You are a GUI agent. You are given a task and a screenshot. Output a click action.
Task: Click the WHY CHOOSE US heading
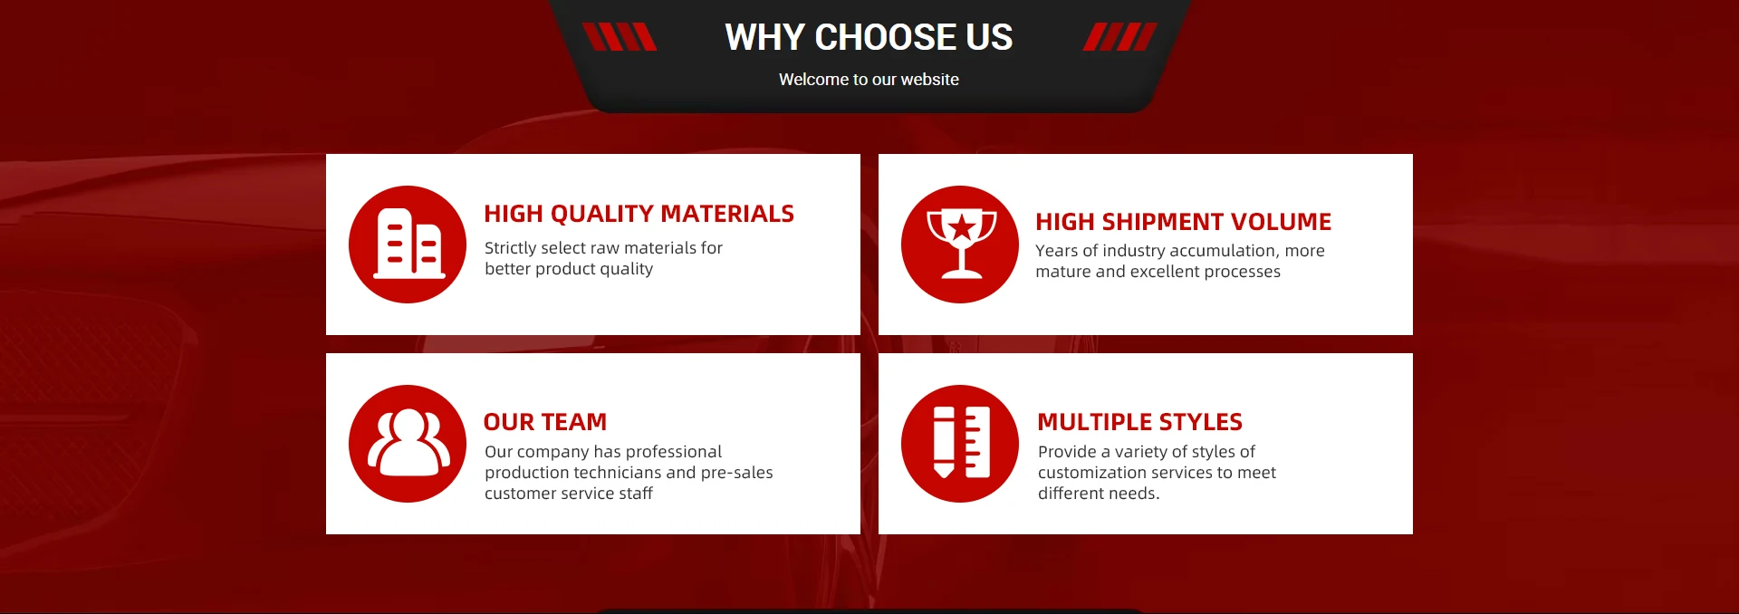click(869, 37)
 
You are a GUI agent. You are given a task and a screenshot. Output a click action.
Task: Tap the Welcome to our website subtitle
click(869, 80)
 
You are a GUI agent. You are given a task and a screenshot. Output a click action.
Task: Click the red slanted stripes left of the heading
click(620, 37)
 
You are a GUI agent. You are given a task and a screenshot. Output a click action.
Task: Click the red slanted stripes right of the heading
click(1120, 37)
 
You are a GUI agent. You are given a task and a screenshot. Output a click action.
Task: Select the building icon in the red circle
click(409, 243)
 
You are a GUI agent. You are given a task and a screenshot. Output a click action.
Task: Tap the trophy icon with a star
click(961, 243)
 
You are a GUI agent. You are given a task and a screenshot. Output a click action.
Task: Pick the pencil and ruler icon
click(961, 443)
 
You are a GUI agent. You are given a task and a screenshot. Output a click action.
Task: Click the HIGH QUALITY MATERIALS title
click(639, 214)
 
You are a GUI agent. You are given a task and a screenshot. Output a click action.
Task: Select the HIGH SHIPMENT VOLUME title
click(1183, 222)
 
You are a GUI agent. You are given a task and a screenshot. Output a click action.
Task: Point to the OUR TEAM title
click(545, 422)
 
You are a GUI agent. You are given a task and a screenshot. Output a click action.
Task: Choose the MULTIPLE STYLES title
click(1139, 422)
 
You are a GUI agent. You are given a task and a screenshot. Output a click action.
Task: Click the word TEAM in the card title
click(574, 422)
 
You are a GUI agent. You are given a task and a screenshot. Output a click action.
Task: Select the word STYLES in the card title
click(1200, 422)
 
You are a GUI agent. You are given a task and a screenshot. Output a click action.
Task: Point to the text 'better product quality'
click(569, 269)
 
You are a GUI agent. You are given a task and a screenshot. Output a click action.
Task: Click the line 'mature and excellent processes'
click(1158, 272)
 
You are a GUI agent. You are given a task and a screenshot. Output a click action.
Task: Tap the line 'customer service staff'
click(569, 494)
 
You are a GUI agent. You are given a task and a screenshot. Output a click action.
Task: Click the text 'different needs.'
click(1099, 494)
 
